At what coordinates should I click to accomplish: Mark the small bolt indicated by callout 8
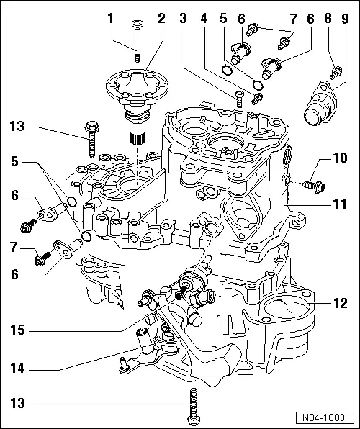click(335, 72)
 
